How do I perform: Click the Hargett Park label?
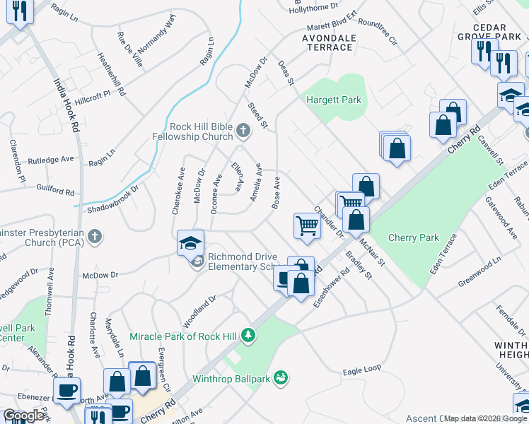tap(333, 100)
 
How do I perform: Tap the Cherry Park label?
tap(414, 238)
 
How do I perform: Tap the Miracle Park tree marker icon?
tap(248, 334)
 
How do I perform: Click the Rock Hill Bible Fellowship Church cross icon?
tap(243, 130)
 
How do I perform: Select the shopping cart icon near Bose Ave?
tap(307, 225)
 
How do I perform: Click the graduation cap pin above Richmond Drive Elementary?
tap(190, 242)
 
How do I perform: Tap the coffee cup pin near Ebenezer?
tap(67, 389)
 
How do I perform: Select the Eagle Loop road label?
tap(361, 370)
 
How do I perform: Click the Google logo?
tap(24, 416)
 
